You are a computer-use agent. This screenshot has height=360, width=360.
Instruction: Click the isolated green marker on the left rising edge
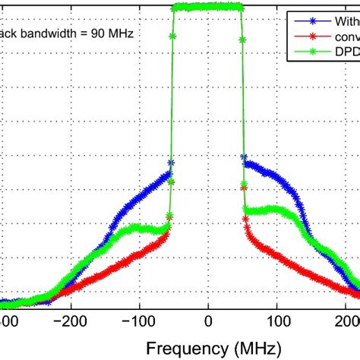click(x=172, y=36)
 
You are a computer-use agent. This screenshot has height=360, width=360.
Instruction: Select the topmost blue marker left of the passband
click(x=171, y=163)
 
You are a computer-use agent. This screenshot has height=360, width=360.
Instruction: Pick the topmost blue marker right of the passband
click(x=244, y=157)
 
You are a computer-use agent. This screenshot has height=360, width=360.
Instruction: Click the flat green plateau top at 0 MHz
click(x=208, y=8)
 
